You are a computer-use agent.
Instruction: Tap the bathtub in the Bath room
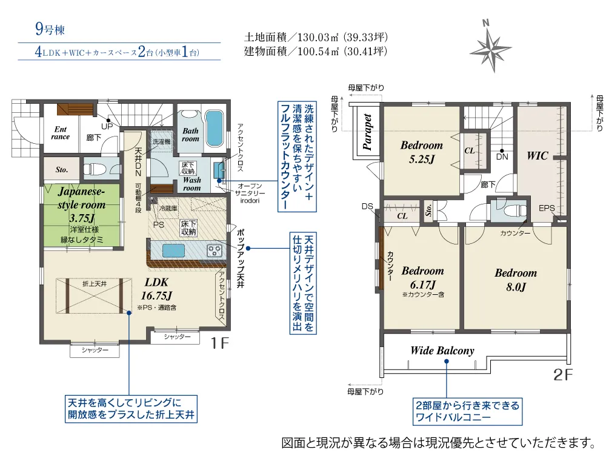pos(214,127)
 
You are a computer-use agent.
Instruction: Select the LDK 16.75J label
pos(156,289)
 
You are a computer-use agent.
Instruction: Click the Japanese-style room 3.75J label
pos(82,204)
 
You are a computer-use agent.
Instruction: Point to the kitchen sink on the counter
pos(173,251)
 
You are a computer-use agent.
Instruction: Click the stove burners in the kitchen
pos(214,251)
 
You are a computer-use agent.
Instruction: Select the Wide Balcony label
pos(442,351)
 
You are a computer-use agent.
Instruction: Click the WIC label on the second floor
pos(537,155)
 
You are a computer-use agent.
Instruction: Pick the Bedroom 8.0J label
pos(516,280)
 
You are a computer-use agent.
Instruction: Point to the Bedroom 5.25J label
pos(422,152)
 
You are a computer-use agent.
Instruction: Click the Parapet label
pos(367,132)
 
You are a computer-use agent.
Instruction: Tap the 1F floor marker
pos(219,343)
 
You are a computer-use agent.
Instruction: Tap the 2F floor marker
pos(563,374)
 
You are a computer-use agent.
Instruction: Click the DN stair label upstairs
pos(502,157)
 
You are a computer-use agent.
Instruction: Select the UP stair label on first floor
pos(107,127)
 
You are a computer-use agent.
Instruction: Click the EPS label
pos(547,208)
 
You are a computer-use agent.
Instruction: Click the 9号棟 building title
pos(50,29)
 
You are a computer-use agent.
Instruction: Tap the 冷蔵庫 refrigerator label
pos(168,208)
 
